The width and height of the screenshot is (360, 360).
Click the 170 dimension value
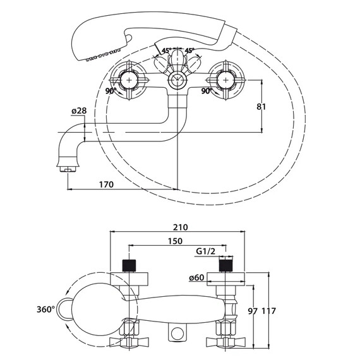click(106, 184)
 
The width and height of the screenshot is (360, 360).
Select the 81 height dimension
click(261, 107)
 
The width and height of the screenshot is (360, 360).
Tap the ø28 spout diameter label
click(79, 111)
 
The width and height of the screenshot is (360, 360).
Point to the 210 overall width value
click(180, 227)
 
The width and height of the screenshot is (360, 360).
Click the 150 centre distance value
click(175, 241)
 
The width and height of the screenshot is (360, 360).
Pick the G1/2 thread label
click(206, 251)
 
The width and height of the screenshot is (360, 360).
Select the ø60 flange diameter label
click(196, 277)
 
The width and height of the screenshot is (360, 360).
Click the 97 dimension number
click(253, 311)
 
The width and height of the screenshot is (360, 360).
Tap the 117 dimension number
click(269, 311)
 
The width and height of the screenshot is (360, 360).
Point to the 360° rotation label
click(45, 309)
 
